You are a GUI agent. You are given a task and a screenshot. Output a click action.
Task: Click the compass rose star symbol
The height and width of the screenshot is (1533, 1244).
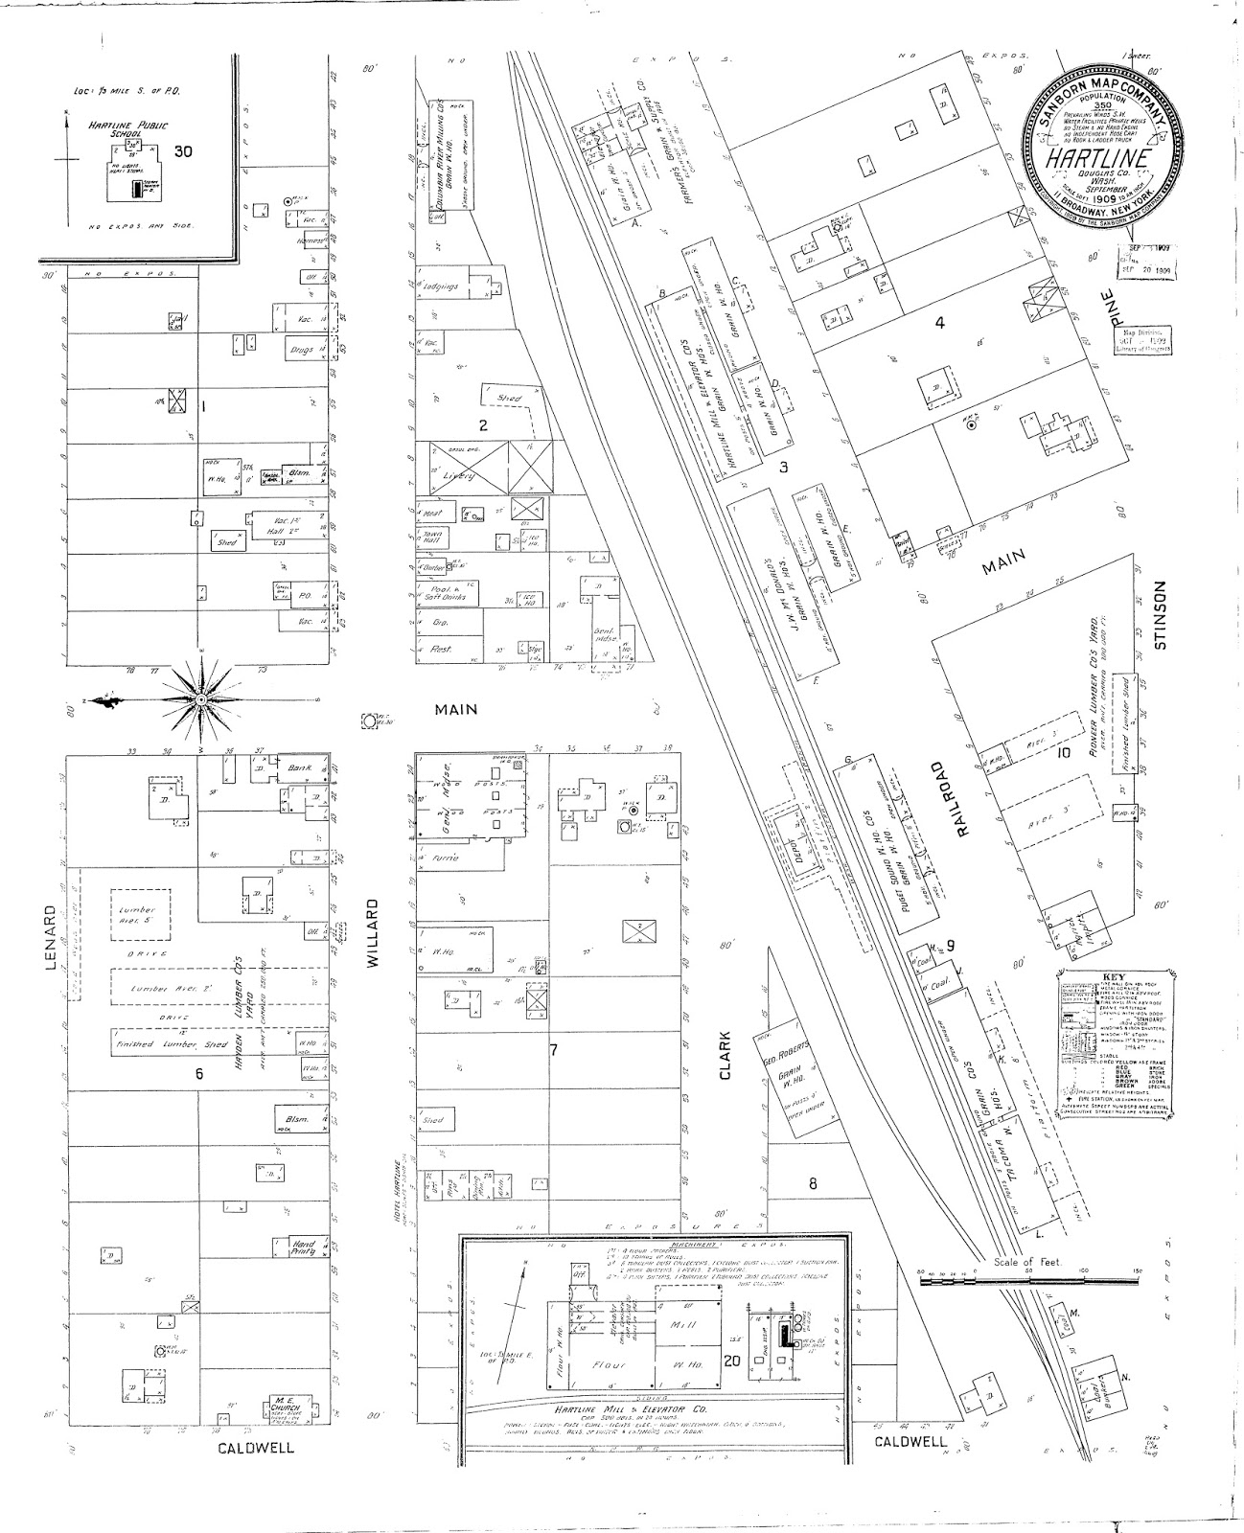[201, 700]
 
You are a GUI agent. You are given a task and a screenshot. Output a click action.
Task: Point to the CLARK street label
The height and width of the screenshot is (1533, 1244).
[725, 1057]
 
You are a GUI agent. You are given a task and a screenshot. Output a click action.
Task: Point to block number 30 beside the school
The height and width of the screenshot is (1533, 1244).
[184, 151]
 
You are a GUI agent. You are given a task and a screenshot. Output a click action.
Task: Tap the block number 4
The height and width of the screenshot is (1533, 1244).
[939, 323]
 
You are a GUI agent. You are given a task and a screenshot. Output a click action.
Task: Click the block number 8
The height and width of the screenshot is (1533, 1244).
[812, 1182]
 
